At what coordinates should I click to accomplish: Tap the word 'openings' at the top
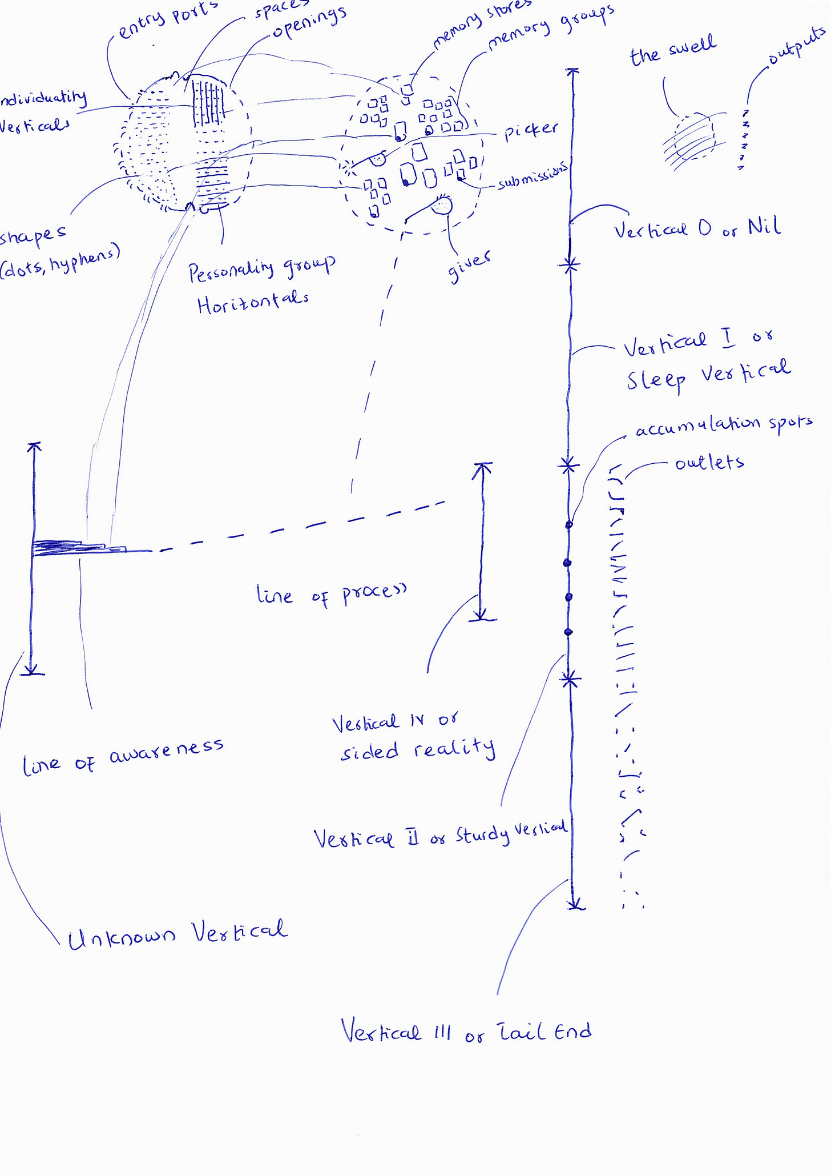point(309,23)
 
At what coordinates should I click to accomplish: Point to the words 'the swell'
point(672,50)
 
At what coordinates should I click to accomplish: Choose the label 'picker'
point(530,131)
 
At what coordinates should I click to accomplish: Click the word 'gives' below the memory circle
point(469,267)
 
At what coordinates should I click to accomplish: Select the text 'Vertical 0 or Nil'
point(697,229)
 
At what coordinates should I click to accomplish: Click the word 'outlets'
point(709,463)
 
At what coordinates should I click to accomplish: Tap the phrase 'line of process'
point(332,595)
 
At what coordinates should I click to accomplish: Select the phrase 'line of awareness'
point(123,757)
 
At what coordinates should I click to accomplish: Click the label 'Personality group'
point(261,270)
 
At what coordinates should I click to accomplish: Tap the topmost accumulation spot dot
point(568,524)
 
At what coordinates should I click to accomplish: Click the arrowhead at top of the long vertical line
point(572,71)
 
